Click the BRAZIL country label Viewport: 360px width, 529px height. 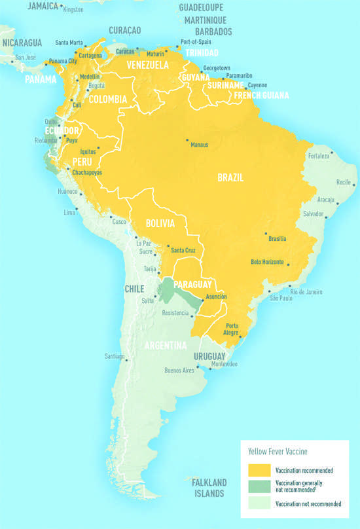pos(230,177)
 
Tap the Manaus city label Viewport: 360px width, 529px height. pos(200,145)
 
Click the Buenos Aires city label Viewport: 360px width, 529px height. pos(179,371)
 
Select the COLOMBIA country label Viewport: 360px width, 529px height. pos(107,100)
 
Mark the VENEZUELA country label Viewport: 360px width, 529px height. pos(148,65)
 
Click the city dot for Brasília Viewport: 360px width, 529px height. pos(266,234)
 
